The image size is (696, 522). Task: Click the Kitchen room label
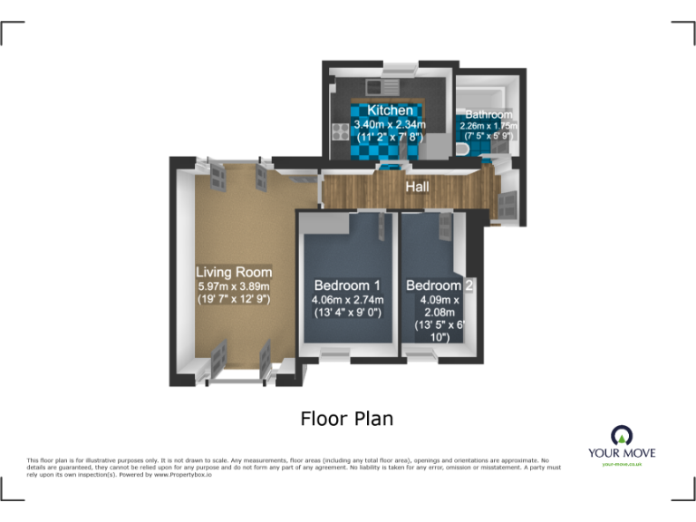(x=390, y=111)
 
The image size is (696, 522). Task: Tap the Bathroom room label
(x=488, y=115)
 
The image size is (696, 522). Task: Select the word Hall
(x=418, y=187)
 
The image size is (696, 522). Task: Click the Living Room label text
(x=234, y=272)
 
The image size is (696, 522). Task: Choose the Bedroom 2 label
(x=440, y=286)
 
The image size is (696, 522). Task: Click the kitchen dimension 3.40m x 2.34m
(x=390, y=125)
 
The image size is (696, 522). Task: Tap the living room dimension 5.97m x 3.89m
(x=234, y=286)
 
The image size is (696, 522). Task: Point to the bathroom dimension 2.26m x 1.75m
(x=488, y=126)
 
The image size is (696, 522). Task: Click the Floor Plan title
(x=347, y=419)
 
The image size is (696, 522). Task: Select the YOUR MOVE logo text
(x=622, y=452)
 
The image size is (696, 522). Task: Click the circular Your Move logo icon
(x=622, y=433)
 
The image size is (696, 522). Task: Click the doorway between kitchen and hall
(x=391, y=166)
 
